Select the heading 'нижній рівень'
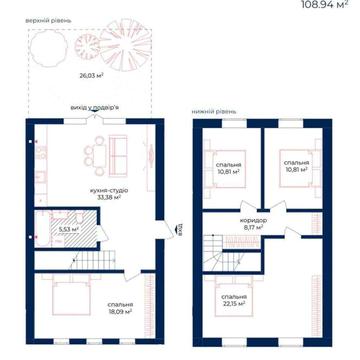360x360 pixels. [x=213, y=110]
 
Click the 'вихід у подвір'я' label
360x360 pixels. [x=93, y=107]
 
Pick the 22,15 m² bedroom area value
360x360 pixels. [x=234, y=304]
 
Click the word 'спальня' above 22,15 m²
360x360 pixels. [x=235, y=296]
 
